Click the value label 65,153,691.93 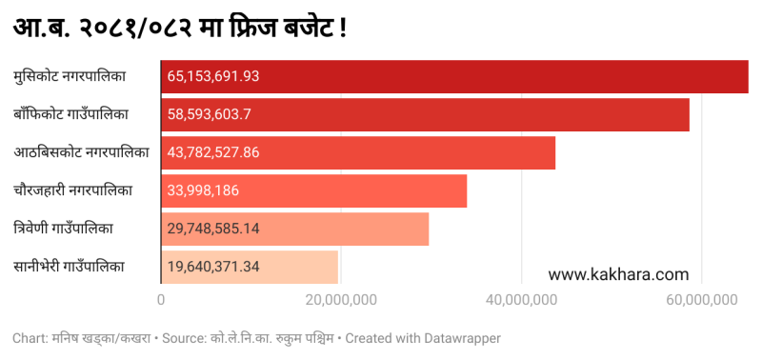tap(213, 76)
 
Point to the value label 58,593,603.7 tap(209, 114)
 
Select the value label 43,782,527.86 tap(213, 152)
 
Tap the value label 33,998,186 tap(202, 190)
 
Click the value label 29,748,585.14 tap(213, 229)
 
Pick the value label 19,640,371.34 tap(213, 267)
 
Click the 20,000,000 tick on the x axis tap(341, 300)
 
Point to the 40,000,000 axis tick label tap(521, 300)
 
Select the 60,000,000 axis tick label tap(701, 300)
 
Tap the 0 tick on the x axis tap(161, 300)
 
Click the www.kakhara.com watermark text tap(618, 274)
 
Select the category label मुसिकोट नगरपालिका tap(70, 76)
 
